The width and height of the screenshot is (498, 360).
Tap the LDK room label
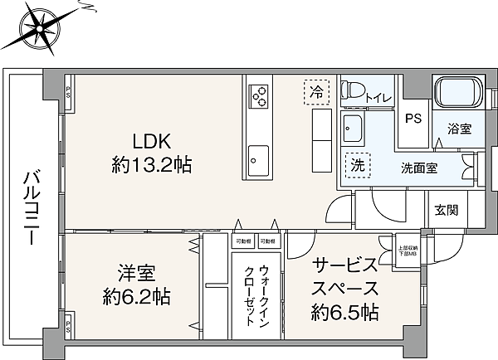click(152, 140)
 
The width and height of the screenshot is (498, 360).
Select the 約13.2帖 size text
click(152, 165)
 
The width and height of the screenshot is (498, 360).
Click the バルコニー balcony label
click(31, 206)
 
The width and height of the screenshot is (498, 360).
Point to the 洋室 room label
click(132, 272)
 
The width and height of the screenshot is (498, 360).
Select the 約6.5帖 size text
click(345, 313)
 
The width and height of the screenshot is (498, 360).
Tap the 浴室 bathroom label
click(459, 129)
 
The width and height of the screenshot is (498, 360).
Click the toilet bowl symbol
click(354, 90)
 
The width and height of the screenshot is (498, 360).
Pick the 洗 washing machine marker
click(357, 165)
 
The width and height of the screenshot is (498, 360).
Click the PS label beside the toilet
click(413, 119)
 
